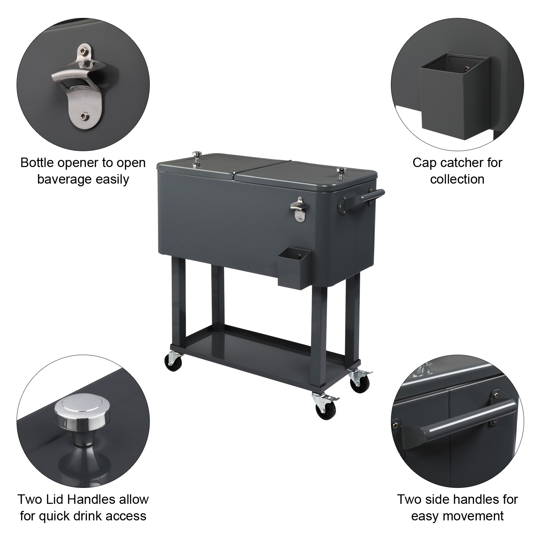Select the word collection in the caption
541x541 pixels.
[x=457, y=179]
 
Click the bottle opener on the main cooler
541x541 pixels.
[x=297, y=210]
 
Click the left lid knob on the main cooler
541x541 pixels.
[x=196, y=159]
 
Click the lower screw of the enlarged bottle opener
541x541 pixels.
[x=83, y=116]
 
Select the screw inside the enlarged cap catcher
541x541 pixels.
[x=467, y=69]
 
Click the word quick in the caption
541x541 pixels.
[x=56, y=516]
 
